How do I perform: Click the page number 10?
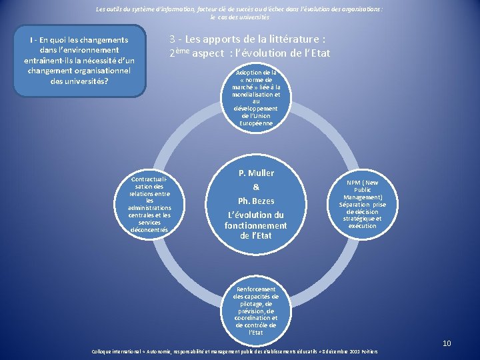(x=447, y=343)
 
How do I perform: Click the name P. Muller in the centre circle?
(x=256, y=173)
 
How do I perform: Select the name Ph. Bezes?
(x=256, y=201)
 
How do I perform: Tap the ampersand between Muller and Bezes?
(x=256, y=187)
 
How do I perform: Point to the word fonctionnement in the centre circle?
(x=256, y=225)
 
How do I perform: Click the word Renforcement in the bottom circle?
(x=256, y=289)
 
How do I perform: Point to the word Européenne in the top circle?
(x=256, y=123)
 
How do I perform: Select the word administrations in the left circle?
(x=149, y=208)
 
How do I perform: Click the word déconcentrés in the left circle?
(x=149, y=230)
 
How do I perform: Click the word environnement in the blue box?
(x=88, y=50)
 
